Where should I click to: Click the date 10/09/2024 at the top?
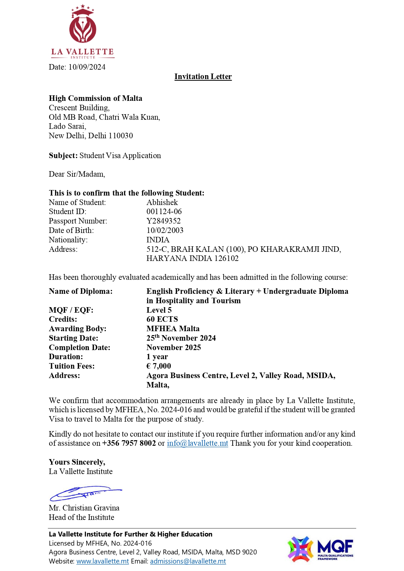[x=87, y=67]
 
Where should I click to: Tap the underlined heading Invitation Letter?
[x=203, y=76]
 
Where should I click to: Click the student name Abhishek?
[x=162, y=202]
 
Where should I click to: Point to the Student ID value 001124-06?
[x=164, y=211]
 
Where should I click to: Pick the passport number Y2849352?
[x=163, y=221]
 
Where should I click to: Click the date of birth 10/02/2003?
[x=165, y=230]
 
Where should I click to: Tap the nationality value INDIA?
[x=158, y=240]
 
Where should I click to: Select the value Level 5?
[x=159, y=310]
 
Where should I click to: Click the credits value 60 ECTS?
[x=162, y=319]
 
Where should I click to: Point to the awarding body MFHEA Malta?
[x=173, y=329]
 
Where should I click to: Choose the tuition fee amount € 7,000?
[x=159, y=366]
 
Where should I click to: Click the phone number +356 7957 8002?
[x=129, y=443]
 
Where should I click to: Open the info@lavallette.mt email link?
[x=197, y=443]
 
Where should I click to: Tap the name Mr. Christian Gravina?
[x=84, y=508]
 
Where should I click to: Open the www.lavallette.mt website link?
[x=103, y=561]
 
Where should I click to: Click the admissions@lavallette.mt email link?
[x=188, y=561]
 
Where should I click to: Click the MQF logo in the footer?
[x=320, y=549]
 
